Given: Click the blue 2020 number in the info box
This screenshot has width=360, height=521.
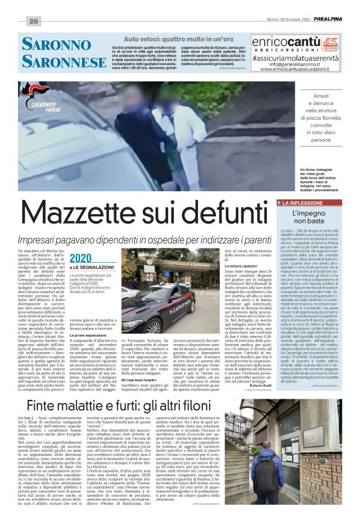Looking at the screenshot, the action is [80, 258].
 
